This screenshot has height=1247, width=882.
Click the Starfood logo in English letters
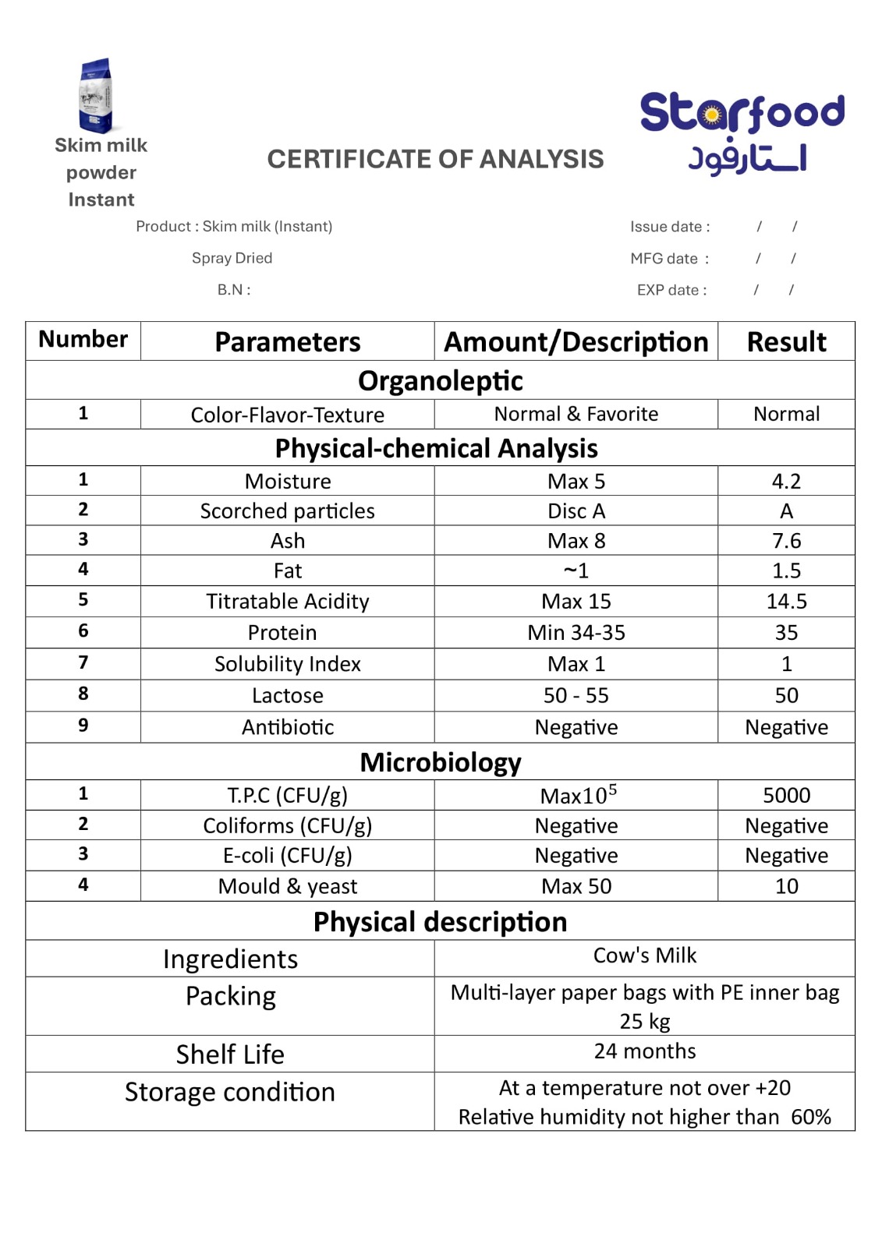click(x=742, y=112)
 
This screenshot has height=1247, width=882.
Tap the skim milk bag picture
click(x=97, y=96)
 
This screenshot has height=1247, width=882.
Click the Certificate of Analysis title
click(x=435, y=159)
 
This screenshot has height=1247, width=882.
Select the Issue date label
click(x=670, y=227)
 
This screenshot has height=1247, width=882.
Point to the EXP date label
click(x=671, y=290)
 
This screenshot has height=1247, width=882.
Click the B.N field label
click(x=234, y=290)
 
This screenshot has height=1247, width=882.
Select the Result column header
click(x=786, y=341)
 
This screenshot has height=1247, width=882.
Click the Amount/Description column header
click(x=576, y=341)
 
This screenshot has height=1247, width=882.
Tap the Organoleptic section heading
click(x=441, y=380)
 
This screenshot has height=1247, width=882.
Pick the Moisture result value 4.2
click(x=786, y=481)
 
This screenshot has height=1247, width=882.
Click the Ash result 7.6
click(x=786, y=541)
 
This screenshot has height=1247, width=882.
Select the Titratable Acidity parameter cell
click(x=287, y=602)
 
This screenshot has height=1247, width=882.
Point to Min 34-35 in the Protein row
click(x=576, y=633)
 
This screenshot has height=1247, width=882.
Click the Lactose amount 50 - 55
click(x=576, y=695)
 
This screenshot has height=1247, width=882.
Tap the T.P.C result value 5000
click(x=786, y=795)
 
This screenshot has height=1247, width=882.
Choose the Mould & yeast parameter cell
click(x=287, y=886)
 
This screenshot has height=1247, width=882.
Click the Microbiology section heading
click(x=441, y=762)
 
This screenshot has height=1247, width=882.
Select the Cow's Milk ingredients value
click(x=644, y=956)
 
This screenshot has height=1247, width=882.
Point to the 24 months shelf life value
click(x=644, y=1051)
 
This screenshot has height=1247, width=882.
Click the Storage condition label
click(x=230, y=1092)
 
